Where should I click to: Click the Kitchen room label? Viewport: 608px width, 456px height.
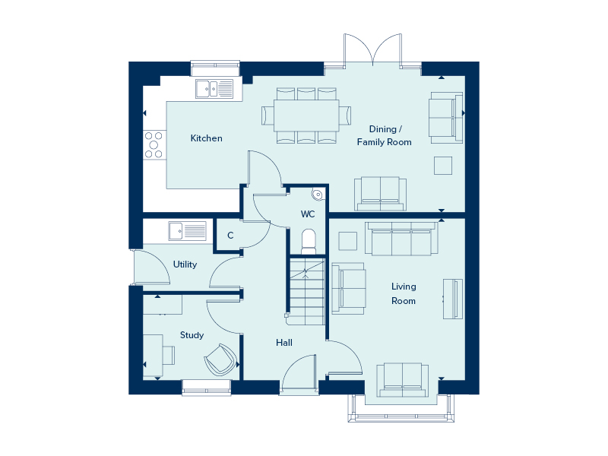[x=206, y=138]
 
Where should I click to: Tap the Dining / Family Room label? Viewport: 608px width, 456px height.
[x=384, y=135]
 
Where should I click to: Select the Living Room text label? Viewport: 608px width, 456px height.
[x=404, y=293]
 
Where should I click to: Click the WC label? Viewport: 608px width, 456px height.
[x=308, y=214]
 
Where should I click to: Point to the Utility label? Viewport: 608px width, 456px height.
[x=185, y=264]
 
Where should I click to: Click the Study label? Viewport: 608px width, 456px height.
[x=192, y=334]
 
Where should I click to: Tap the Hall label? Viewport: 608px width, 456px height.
[x=284, y=343]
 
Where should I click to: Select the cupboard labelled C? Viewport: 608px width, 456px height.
[x=230, y=236]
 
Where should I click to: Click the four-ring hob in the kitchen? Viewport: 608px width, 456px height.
[x=154, y=144]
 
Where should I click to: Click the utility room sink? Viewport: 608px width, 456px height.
[x=187, y=230]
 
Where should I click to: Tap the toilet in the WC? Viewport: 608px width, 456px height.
[x=308, y=240]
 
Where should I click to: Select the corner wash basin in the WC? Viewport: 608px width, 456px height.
[x=317, y=195]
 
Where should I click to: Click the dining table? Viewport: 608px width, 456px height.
[x=306, y=116]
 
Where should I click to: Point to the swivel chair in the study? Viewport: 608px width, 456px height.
[x=220, y=359]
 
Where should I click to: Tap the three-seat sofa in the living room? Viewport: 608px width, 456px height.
[x=401, y=239]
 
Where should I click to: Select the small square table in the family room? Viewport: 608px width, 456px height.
[x=443, y=165]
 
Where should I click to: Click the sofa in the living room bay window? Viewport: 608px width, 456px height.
[x=401, y=379]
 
